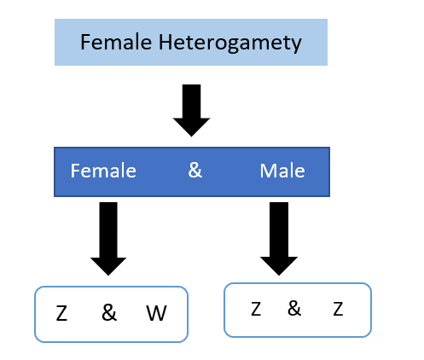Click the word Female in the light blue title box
pyautogui.click(x=116, y=42)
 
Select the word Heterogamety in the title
pyautogui.click(x=230, y=44)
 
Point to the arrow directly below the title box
pyautogui.click(x=191, y=110)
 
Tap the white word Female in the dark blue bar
pyautogui.click(x=103, y=171)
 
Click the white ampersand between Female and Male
pyautogui.click(x=195, y=170)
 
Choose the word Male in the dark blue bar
pyautogui.click(x=282, y=171)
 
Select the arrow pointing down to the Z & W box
pyautogui.click(x=108, y=239)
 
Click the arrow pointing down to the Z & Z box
pyautogui.click(x=279, y=239)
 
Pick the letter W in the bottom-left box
pyautogui.click(x=156, y=313)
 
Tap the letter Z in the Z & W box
pyautogui.click(x=61, y=313)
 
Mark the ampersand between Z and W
pyautogui.click(x=109, y=312)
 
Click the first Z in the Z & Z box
pyautogui.click(x=256, y=309)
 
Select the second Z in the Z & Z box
pyautogui.click(x=338, y=309)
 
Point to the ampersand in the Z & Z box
pyautogui.click(x=294, y=308)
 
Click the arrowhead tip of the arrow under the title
pyautogui.click(x=191, y=136)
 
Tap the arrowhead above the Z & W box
pyautogui.click(x=108, y=266)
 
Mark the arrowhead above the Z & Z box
pyautogui.click(x=279, y=266)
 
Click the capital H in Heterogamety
pyautogui.click(x=166, y=42)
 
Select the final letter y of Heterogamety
pyautogui.click(x=297, y=45)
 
